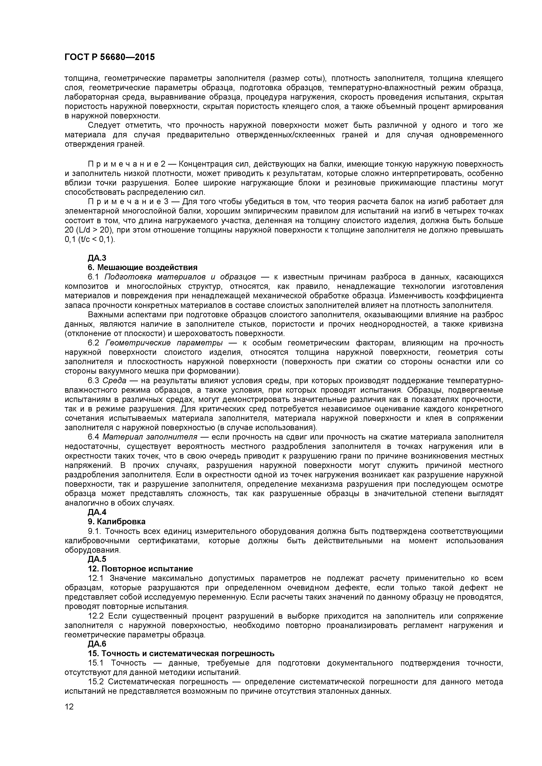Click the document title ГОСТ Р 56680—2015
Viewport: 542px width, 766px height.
109,57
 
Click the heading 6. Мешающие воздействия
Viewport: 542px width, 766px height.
142,267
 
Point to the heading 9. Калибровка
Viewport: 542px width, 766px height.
116,521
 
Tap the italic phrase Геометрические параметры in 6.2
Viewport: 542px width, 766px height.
164,343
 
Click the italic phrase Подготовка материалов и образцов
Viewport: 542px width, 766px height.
180,277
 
